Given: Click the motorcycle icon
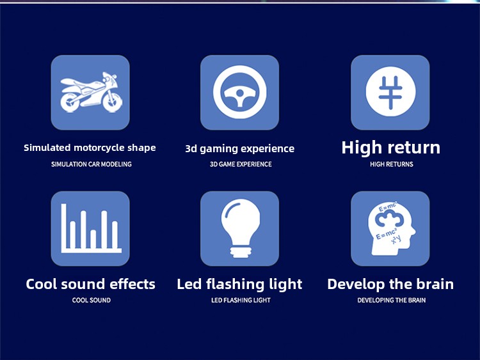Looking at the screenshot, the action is tap(92, 92).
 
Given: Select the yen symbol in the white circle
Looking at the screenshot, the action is tap(390, 92).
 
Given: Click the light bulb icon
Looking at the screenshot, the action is tap(240, 228).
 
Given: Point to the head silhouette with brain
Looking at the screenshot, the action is tap(391, 230).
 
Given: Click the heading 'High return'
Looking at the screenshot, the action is tap(391, 148).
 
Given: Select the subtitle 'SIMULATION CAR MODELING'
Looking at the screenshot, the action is tap(92, 164).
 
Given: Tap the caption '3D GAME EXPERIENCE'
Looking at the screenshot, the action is tap(241, 164).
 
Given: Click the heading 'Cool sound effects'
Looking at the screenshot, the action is tap(91, 284).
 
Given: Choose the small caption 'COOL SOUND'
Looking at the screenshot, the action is tap(92, 300).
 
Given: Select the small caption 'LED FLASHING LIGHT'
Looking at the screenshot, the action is tap(241, 300).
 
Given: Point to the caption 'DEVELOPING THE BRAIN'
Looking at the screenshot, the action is tap(391, 300).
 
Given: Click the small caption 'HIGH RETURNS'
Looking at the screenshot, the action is tap(392, 164).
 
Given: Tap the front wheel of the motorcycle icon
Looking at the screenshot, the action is tap(113, 101).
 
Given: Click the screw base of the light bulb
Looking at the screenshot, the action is tap(241, 252).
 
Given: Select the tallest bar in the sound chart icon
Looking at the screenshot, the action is tap(63, 228).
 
